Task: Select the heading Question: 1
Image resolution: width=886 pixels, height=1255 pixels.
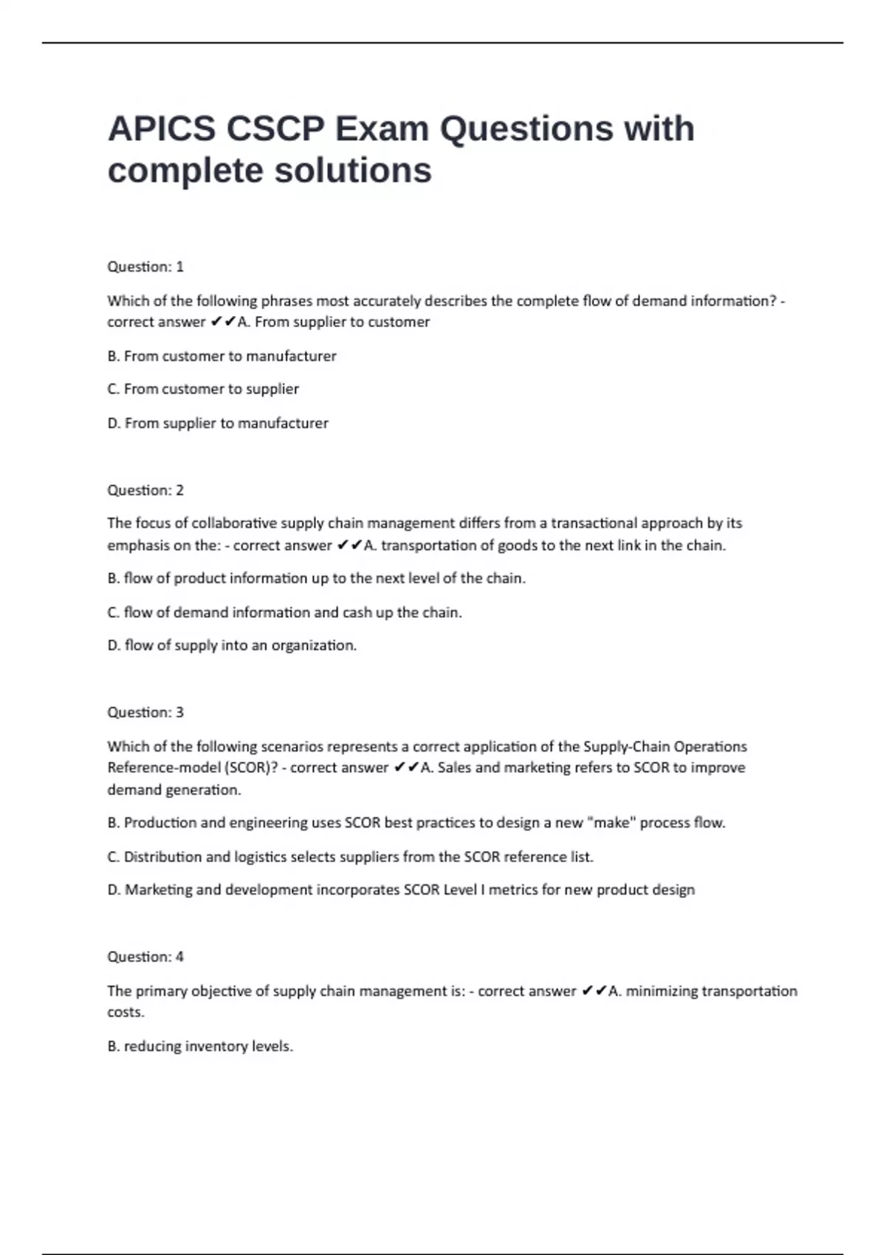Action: point(145,267)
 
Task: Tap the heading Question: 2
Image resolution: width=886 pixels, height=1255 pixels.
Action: point(145,490)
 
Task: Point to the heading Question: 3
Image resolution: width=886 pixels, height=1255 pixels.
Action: point(145,712)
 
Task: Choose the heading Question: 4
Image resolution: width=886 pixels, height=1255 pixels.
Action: point(145,957)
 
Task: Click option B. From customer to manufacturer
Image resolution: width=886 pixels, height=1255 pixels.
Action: point(221,356)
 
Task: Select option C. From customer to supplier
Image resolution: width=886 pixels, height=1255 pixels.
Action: point(203,389)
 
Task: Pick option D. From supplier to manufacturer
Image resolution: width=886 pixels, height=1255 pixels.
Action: point(218,423)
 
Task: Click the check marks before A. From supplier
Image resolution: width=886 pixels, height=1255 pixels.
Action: point(223,322)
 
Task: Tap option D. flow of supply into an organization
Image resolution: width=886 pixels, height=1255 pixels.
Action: point(232,645)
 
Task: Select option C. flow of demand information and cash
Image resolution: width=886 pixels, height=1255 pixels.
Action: point(284,612)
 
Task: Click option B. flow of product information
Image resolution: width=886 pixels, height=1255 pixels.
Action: point(316,578)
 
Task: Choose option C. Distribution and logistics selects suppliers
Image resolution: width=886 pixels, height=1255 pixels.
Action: point(350,856)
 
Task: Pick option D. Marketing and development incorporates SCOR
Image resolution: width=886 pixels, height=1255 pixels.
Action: point(401,890)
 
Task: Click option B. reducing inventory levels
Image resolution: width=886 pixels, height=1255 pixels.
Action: point(200,1046)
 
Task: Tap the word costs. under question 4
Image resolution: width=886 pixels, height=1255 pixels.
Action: point(126,1012)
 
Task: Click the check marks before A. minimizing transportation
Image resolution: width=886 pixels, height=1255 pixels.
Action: point(594,991)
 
